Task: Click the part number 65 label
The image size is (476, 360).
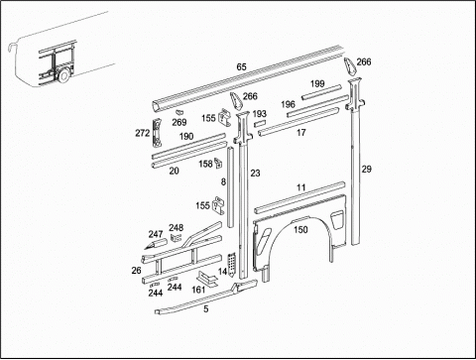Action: coord(241,66)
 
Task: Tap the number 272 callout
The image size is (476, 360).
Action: coord(143,133)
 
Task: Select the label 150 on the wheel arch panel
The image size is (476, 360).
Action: coord(300,229)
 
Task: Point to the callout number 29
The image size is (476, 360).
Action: coord(366,170)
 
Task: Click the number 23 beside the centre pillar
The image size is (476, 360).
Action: coord(255,174)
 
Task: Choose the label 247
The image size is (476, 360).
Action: coord(156,234)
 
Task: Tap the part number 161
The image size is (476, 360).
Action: coord(198,290)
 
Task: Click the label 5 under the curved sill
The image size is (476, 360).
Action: coord(206,309)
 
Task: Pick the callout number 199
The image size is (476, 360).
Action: coord(317,83)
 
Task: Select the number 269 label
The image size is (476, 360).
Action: coord(179,122)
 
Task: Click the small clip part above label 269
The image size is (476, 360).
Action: coord(179,112)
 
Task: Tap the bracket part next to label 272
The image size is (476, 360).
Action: coord(158,133)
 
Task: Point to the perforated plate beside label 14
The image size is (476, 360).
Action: coord(232,264)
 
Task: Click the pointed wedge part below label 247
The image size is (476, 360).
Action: coord(156,245)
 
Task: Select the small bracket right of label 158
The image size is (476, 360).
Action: coord(218,163)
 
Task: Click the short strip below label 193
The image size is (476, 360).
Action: coord(260,124)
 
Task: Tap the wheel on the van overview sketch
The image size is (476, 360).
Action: coord(64,75)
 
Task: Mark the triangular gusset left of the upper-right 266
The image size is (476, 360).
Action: coord(349,65)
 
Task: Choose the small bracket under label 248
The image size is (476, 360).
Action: coord(176,237)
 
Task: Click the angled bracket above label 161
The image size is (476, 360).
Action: coord(207,279)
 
